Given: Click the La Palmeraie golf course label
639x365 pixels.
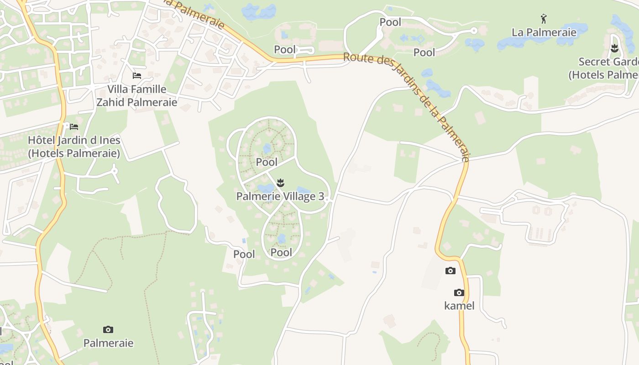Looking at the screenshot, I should (544, 32).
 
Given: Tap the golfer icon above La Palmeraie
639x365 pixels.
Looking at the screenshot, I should (543, 19).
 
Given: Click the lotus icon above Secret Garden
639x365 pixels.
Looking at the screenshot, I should (614, 47).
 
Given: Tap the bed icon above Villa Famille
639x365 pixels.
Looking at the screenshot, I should (136, 75).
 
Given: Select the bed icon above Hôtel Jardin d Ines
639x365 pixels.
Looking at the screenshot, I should (74, 126).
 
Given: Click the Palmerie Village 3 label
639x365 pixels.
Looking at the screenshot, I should (280, 197).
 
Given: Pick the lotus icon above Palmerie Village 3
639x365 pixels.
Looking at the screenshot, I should (280, 183).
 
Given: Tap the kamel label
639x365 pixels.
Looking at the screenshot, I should (459, 306).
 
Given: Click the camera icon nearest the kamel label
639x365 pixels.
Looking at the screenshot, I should (459, 292).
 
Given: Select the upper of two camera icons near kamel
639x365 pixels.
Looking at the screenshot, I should (450, 271).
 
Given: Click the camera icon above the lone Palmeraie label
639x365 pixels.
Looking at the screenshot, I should (108, 329).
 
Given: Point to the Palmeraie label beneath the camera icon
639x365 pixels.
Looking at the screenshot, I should (108, 343).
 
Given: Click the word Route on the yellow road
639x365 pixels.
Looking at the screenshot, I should (356, 58).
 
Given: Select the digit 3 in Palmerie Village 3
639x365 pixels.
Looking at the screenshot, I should (321, 197).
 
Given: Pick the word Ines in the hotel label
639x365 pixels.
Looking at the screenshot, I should (110, 140).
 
